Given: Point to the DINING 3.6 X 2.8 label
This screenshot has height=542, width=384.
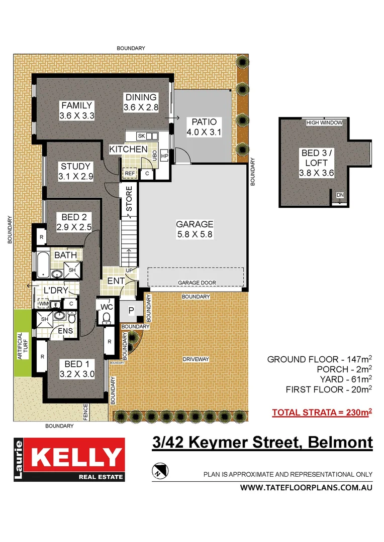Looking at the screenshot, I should (141, 102).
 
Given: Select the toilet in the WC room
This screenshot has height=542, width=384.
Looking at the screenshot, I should (106, 317).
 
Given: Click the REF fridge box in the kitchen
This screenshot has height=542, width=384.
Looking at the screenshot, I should (130, 173).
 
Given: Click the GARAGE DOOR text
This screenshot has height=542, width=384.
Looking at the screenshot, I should (197, 283).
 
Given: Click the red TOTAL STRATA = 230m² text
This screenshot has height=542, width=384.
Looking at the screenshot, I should (322, 413).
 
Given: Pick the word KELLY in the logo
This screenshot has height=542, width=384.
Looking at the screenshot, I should (76, 457).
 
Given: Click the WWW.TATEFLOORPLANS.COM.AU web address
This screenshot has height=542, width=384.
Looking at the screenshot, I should (306, 488).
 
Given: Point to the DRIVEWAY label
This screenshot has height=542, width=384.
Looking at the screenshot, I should (196, 359).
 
